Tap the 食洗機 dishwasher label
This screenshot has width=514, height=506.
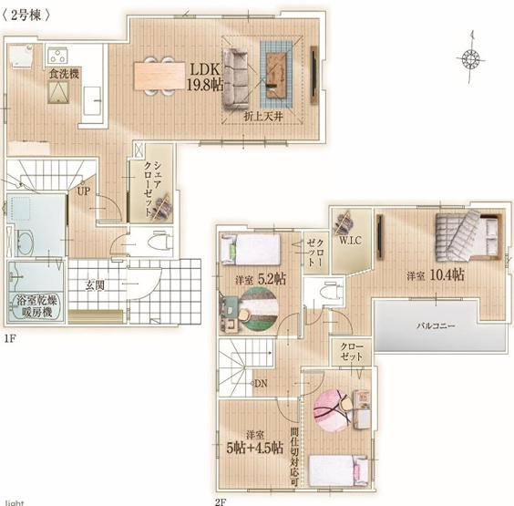64,72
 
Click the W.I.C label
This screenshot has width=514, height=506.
350,242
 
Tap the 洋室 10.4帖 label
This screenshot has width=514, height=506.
436,274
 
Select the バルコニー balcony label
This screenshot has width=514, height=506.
437,325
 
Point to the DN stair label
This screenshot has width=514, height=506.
260,384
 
